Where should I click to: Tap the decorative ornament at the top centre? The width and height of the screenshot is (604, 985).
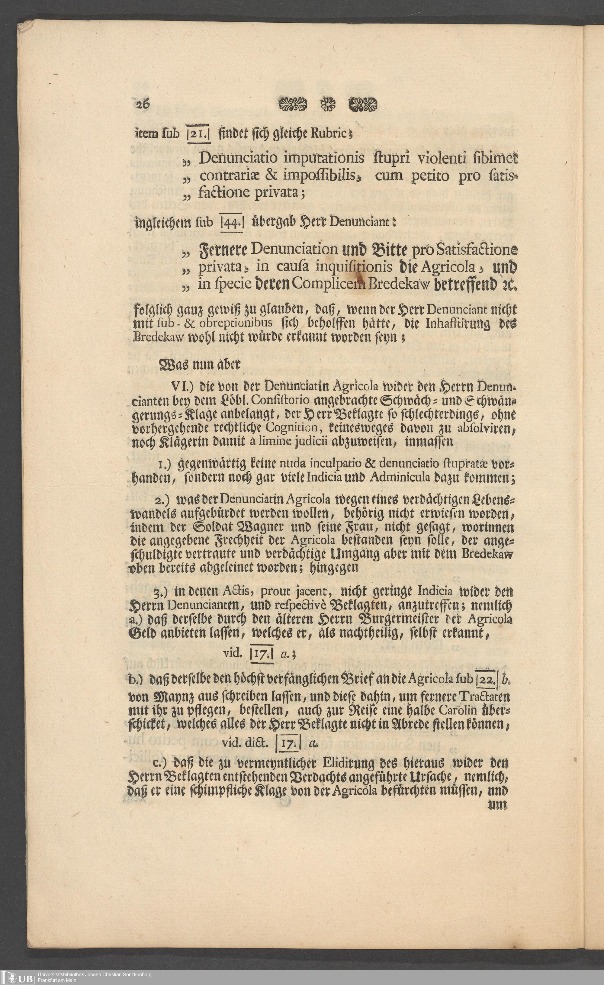point(327,105)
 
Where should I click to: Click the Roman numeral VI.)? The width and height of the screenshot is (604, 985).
point(182,387)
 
